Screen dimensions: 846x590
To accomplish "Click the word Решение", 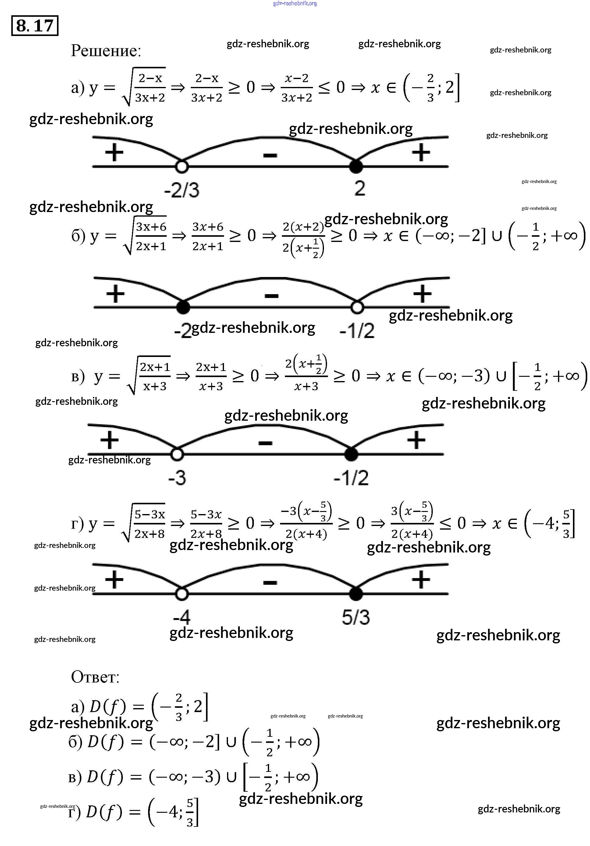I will pyautogui.click(x=106, y=50).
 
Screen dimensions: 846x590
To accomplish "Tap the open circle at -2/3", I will pyautogui.click(x=181, y=167).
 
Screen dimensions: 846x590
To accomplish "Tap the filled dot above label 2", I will pyautogui.click(x=356, y=167).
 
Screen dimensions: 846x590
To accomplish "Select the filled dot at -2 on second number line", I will pyautogui.click(x=183, y=307).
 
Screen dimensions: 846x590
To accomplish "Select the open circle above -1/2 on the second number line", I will pyautogui.click(x=357, y=307).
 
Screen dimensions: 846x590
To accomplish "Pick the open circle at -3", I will pyautogui.click(x=177, y=454).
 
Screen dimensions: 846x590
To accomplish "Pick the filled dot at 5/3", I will pyautogui.click(x=356, y=594).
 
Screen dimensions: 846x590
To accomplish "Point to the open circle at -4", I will pyautogui.click(x=181, y=594).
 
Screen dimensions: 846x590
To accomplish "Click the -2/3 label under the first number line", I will pyautogui.click(x=181, y=190).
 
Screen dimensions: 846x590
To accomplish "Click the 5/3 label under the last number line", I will pyautogui.click(x=356, y=617).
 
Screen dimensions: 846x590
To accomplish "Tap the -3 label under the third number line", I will pyautogui.click(x=177, y=478).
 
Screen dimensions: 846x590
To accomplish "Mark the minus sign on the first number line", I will pyautogui.click(x=270, y=156).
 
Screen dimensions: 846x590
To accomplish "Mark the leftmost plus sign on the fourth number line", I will pyautogui.click(x=114, y=580).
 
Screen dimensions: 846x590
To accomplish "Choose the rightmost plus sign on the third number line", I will pyautogui.click(x=416, y=440).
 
